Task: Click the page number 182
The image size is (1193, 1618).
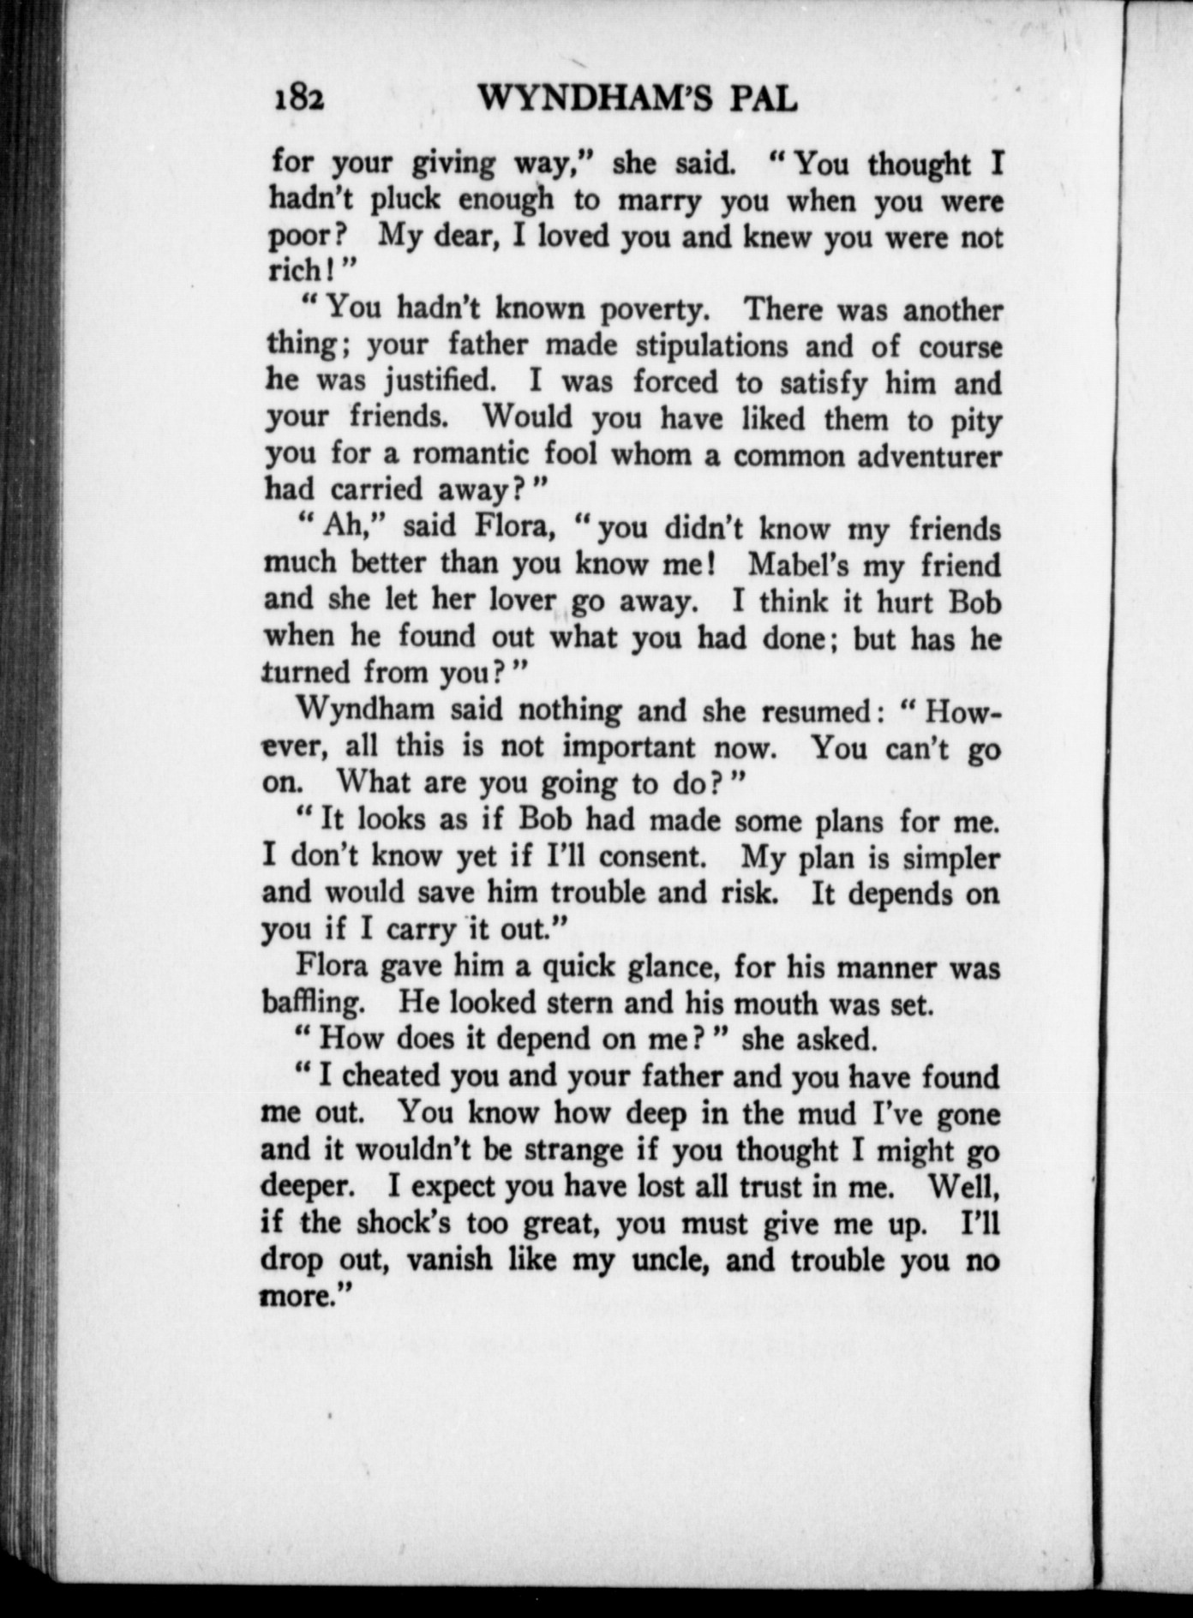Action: pyautogui.click(x=298, y=100)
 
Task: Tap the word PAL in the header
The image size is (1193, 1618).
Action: pyautogui.click(x=755, y=100)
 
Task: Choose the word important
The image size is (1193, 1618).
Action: pyautogui.click(x=628, y=747)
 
